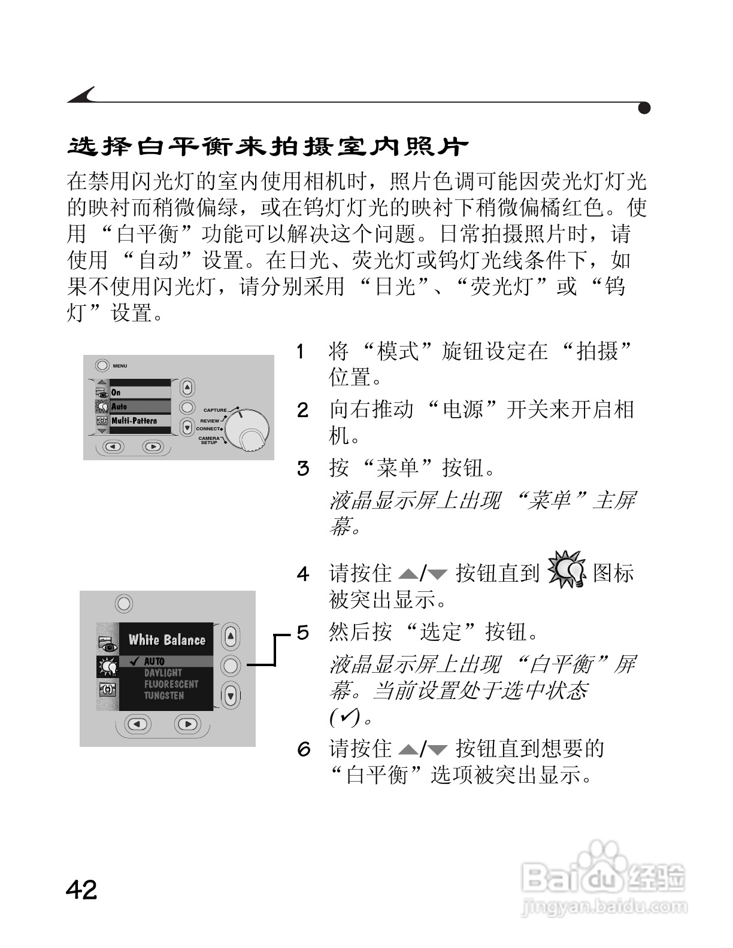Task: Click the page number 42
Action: coord(81,890)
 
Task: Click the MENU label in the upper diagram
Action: coord(120,366)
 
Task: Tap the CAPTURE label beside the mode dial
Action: coord(215,411)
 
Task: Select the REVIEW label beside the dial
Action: coord(210,421)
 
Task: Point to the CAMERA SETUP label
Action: coord(209,440)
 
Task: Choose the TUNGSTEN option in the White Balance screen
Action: coord(163,695)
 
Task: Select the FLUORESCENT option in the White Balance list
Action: coord(171,684)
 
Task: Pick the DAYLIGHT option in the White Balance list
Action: coord(163,673)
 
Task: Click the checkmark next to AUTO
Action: coord(134,661)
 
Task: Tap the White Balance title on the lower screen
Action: coord(166,640)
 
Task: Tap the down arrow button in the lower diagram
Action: coord(231,695)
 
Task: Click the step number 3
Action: coord(303,468)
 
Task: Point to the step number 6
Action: coord(304,749)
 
